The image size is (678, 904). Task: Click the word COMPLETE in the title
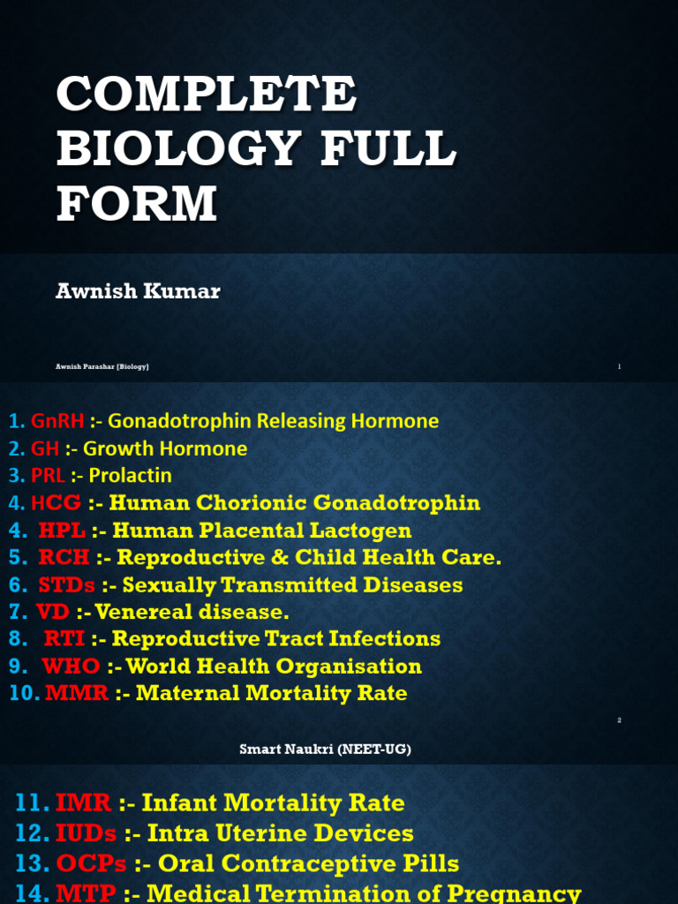click(207, 94)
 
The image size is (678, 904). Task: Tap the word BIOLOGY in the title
click(167, 147)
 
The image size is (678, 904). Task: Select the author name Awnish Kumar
click(138, 291)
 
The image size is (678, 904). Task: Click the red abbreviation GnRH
click(57, 421)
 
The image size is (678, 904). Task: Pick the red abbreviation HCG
click(56, 503)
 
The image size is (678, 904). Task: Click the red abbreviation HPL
click(62, 531)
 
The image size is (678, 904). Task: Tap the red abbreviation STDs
click(67, 585)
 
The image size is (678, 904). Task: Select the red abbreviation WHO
click(72, 666)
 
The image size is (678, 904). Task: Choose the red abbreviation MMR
click(77, 693)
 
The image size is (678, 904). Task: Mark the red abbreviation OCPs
click(92, 863)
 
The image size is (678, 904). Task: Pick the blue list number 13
click(32, 863)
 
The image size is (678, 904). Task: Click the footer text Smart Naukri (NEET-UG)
click(326, 750)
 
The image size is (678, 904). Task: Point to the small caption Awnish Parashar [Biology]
click(102, 366)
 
